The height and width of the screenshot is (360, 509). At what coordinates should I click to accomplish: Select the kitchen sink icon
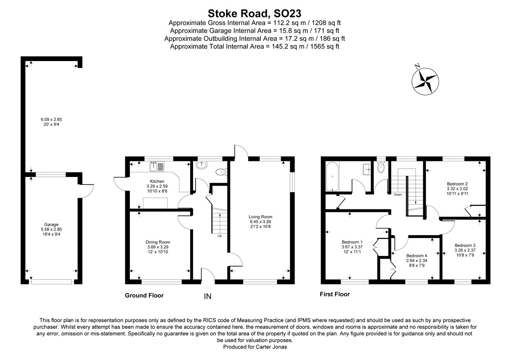[x=157, y=167]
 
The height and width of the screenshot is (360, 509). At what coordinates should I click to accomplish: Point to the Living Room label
[x=260, y=217]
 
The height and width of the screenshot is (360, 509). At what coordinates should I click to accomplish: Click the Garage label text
[x=51, y=224]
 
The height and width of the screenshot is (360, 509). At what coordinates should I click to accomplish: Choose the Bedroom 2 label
[x=456, y=183]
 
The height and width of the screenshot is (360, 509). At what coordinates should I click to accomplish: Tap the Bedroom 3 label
[x=465, y=245]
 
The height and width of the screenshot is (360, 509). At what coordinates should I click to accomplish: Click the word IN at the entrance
[x=207, y=296]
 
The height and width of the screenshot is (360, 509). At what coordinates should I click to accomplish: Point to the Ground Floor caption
[x=144, y=295]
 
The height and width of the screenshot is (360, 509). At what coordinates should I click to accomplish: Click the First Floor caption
[x=334, y=294]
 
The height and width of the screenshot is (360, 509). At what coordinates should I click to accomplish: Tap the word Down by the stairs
[x=397, y=194]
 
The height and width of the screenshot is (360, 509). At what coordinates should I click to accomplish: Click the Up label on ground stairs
[x=219, y=236]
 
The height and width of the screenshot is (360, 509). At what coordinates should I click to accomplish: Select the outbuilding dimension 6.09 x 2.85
[x=51, y=119]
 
